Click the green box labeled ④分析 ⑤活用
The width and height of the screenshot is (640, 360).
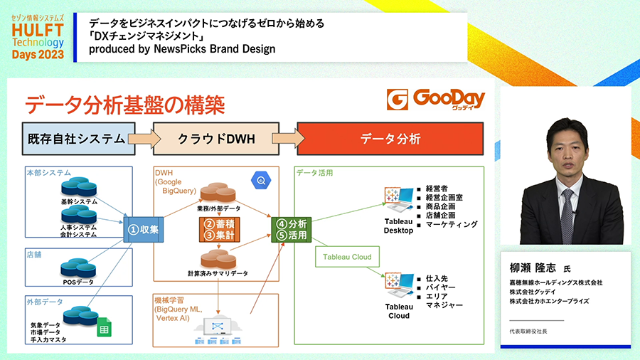[x=291, y=229]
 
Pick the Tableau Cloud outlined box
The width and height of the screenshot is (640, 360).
[x=347, y=257]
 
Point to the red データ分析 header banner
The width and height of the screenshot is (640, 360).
[x=390, y=138]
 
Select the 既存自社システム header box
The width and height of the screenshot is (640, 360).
[x=78, y=138]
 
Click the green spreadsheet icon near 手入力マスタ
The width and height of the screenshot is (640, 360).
[x=103, y=329]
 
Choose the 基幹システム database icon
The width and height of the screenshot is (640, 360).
[x=78, y=189]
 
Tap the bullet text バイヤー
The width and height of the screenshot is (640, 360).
[x=441, y=287]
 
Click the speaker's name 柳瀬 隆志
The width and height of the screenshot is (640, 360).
[x=535, y=268]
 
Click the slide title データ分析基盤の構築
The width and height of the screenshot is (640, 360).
[x=125, y=105]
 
